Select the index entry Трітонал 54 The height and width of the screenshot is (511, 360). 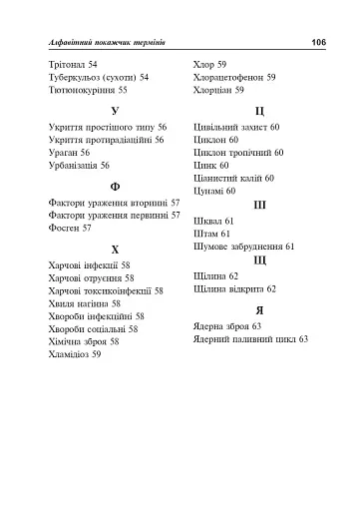click(x=72, y=64)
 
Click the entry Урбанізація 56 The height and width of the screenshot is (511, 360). click(x=79, y=166)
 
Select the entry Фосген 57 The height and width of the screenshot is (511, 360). click(x=70, y=228)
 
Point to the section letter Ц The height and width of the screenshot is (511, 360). click(x=259, y=110)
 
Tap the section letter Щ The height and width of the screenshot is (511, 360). click(x=259, y=259)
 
